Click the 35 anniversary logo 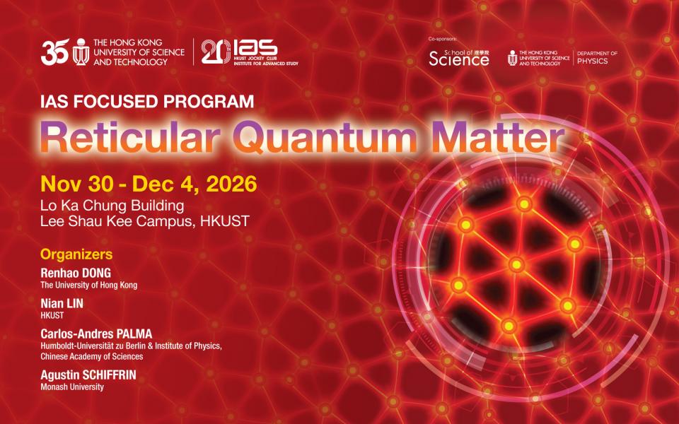[55, 52]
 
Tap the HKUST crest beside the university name [81, 52]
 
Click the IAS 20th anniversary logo [250, 52]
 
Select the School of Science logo [459, 57]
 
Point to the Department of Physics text [597, 57]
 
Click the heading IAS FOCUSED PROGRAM [147, 102]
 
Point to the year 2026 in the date [231, 184]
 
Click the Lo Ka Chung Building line [112, 205]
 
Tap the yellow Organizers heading [76, 254]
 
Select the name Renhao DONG [76, 273]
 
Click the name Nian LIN [62, 304]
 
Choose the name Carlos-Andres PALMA [97, 334]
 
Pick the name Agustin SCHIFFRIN [88, 375]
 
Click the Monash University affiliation [72, 387]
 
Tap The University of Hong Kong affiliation [89, 285]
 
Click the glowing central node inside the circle [516, 264]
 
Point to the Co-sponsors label [443, 39]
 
